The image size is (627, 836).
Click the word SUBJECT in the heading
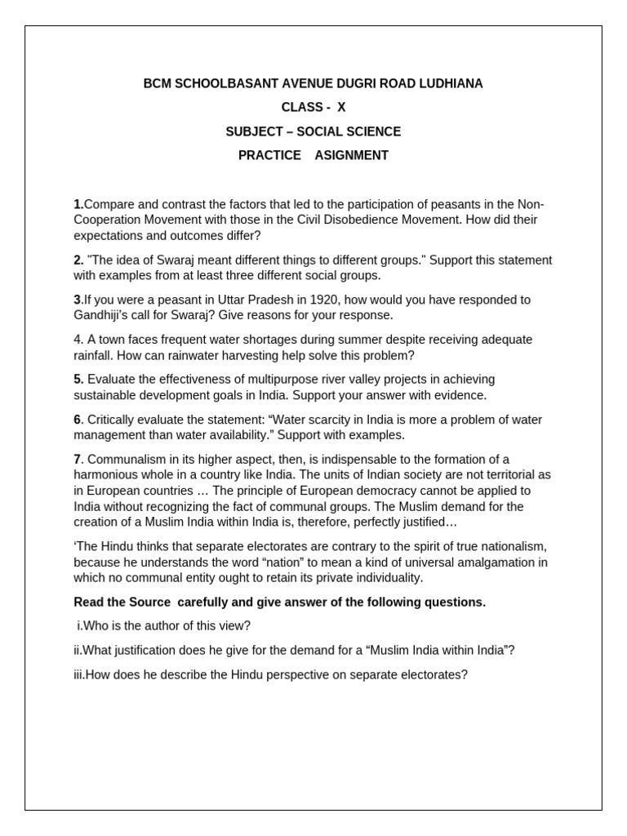[249, 131]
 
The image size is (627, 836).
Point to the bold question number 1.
[78, 204]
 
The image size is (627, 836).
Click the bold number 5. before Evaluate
[78, 380]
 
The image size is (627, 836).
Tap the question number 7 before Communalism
[78, 460]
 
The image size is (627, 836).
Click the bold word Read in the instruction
[88, 603]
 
